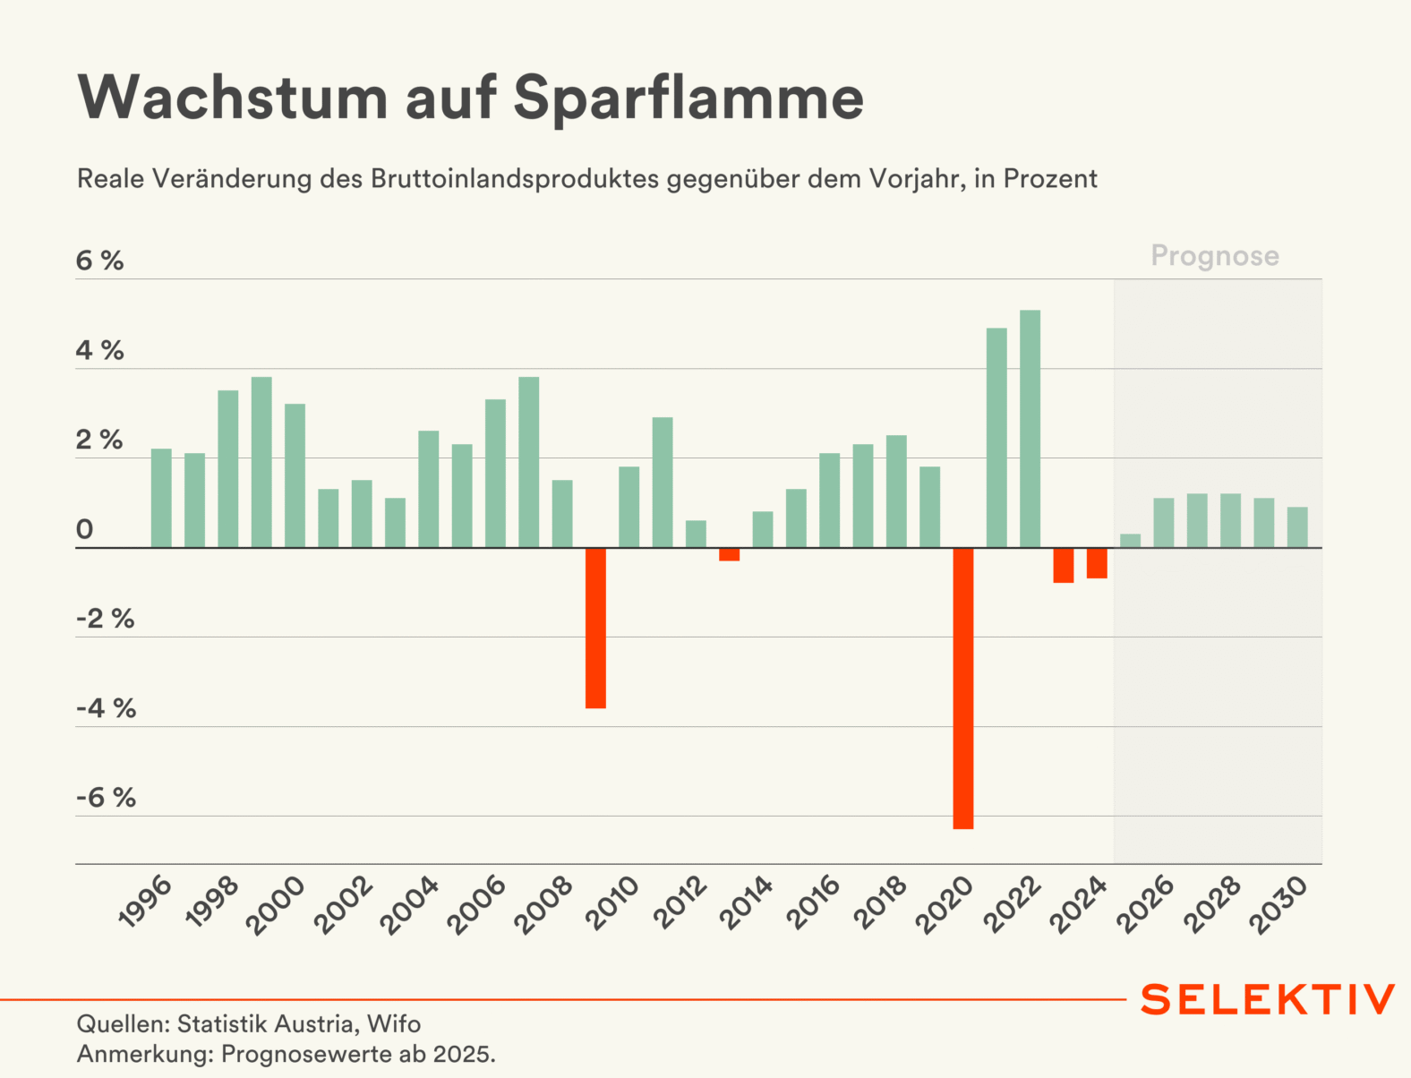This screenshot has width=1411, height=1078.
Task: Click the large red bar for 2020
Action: [x=962, y=688]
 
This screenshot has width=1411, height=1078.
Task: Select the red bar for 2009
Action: [x=595, y=628]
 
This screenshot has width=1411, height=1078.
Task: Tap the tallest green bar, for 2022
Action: [x=1030, y=428]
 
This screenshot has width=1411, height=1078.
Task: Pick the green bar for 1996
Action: [x=161, y=498]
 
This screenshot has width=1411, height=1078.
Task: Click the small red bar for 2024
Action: [x=1097, y=563]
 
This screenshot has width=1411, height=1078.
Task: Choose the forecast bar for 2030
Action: [x=1297, y=527]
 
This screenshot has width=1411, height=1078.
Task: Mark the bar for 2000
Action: [x=295, y=475]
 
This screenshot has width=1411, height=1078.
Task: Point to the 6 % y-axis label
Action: [x=99, y=261]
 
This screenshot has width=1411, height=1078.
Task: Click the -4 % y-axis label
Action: [x=106, y=708]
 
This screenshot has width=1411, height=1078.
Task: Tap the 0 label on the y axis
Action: [x=84, y=529]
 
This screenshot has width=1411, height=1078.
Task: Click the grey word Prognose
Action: [x=1215, y=256]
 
